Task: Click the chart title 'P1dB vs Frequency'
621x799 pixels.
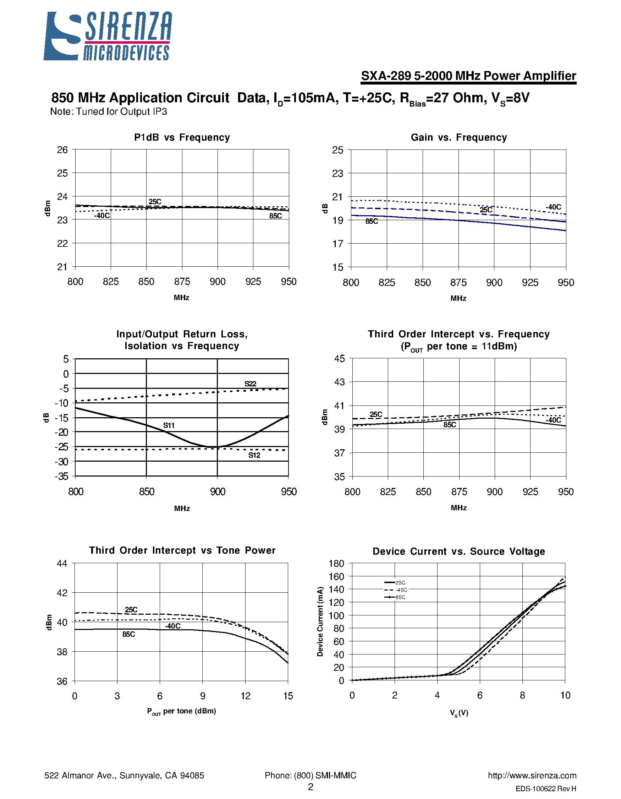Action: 182,137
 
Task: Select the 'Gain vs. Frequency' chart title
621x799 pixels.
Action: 458,137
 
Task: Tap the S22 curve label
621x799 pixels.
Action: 251,384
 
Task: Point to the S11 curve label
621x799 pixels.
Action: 169,425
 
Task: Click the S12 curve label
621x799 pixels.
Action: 254,455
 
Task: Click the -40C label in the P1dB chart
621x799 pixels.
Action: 101,216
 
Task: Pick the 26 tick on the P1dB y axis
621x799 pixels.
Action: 62,150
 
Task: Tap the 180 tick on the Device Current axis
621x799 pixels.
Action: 336,564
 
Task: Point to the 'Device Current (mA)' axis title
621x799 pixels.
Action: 320,621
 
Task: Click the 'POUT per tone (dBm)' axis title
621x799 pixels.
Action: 182,711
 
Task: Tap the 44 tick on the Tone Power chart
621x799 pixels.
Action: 62,564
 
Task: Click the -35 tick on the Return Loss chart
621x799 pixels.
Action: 61,476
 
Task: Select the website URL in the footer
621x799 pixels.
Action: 532,776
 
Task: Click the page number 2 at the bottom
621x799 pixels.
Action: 310,787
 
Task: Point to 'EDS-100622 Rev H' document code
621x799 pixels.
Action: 546,789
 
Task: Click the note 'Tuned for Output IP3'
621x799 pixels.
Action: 109,112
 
